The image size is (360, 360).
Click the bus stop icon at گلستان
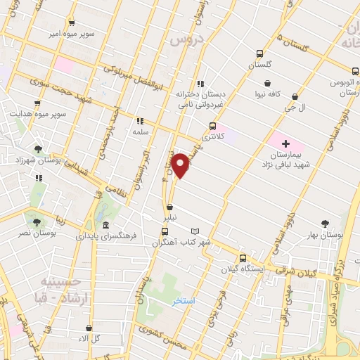(x=259, y=53)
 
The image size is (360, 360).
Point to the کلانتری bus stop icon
(x=212, y=127)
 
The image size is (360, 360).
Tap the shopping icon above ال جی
(x=295, y=97)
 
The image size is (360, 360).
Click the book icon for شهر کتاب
(x=195, y=231)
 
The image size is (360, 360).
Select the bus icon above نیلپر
(x=171, y=207)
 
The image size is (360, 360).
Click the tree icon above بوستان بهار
(x=324, y=223)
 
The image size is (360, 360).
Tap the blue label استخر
(x=184, y=301)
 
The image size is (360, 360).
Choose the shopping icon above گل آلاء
(x=89, y=328)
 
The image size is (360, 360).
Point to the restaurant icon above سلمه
(x=139, y=120)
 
